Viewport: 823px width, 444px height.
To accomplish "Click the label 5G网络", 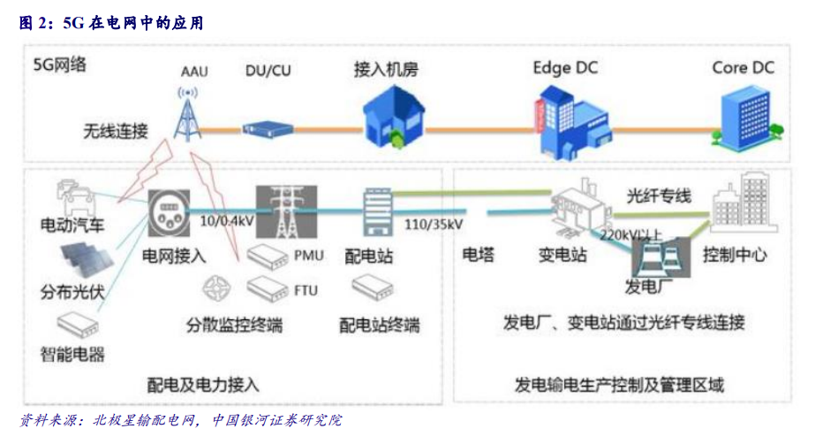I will point(60,65).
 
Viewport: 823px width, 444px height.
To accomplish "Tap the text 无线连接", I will point(116,131).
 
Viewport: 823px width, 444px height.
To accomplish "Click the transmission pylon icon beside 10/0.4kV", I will point(284,212).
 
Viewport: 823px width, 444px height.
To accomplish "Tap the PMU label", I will point(308,256).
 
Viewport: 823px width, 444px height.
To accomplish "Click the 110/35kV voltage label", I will point(434,223).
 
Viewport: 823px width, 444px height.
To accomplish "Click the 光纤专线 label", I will point(659,196).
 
